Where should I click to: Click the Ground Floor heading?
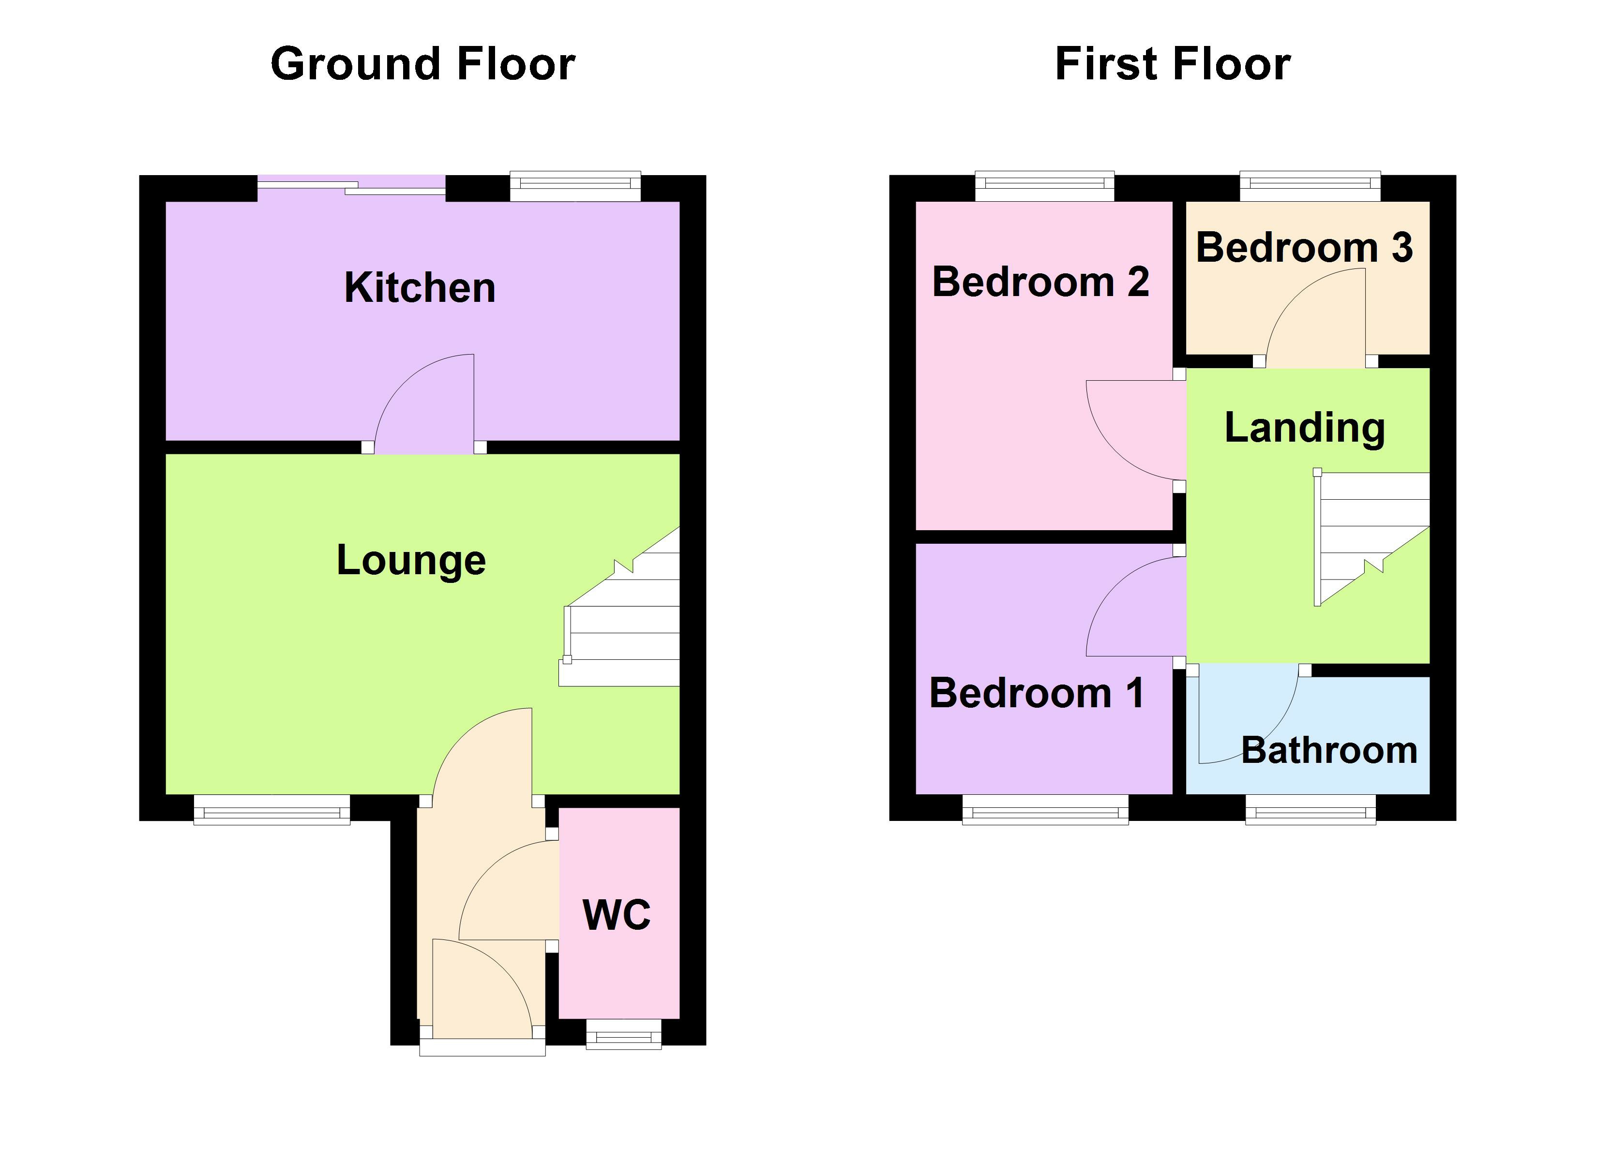pos(422,65)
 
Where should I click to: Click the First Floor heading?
pos(1173,65)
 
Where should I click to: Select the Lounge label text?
pos(411,561)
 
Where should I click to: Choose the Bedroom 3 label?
pos(1304,248)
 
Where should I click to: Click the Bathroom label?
pos(1329,750)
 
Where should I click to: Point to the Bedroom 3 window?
pos(1310,184)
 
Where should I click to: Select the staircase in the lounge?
pos(623,620)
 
